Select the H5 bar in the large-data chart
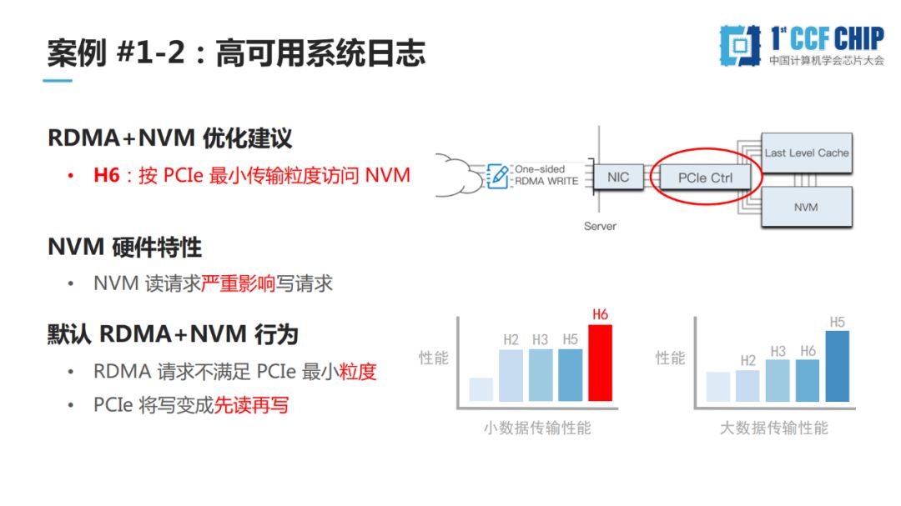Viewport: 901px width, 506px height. pyautogui.click(x=837, y=368)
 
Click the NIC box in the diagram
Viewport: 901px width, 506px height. pyautogui.click(x=618, y=178)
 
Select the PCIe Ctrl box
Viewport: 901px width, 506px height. pyautogui.click(x=705, y=178)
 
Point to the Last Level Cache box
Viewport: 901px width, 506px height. pyautogui.click(x=807, y=153)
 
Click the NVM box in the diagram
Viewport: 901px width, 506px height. pyautogui.click(x=807, y=207)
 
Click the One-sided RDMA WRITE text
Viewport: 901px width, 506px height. pyautogui.click(x=546, y=175)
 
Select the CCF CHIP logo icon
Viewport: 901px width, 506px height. pyautogui.click(x=740, y=45)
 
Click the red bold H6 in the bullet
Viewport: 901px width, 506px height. pyautogui.click(x=107, y=177)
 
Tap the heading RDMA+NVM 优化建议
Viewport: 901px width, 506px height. pyautogui.click(x=169, y=138)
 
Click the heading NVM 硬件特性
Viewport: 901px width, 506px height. pyautogui.click(x=124, y=248)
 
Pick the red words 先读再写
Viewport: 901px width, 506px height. pyautogui.click(x=251, y=406)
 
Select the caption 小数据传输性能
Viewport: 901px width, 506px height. pyautogui.click(x=537, y=428)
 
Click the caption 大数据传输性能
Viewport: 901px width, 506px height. pyautogui.click(x=774, y=428)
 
